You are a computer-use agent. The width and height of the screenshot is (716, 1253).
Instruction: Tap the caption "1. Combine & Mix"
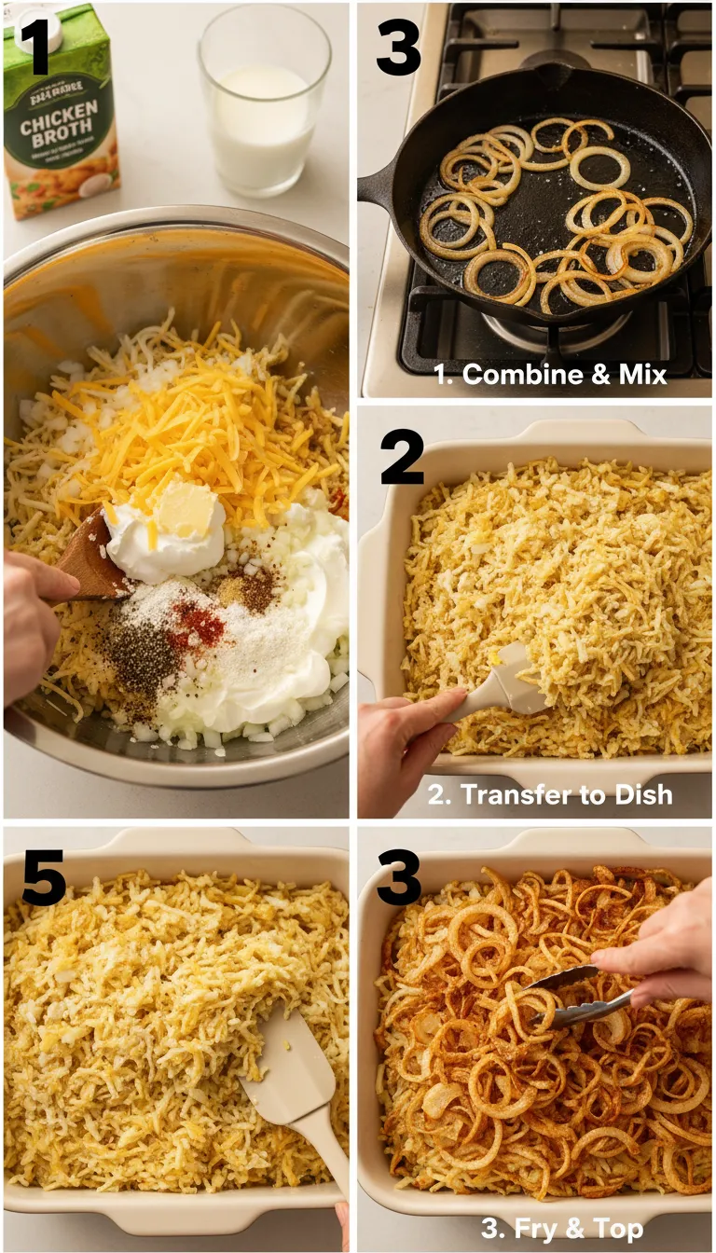(x=551, y=375)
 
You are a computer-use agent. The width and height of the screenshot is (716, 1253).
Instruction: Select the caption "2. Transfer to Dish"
(x=550, y=794)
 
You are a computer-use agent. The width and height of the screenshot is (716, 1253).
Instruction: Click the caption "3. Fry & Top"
(x=561, y=1228)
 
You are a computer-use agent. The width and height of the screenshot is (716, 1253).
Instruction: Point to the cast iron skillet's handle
(x=378, y=186)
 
